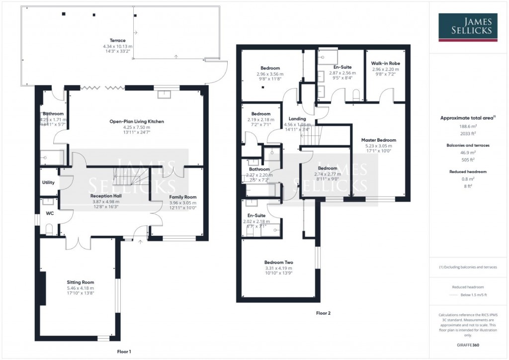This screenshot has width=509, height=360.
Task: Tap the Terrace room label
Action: (118, 40)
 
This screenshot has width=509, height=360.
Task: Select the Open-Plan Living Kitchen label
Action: (137, 121)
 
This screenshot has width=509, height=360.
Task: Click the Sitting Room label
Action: (81, 282)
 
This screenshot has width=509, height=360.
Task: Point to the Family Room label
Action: (176, 197)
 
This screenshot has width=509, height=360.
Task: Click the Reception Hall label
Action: (104, 195)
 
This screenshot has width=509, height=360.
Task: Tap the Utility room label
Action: (48, 182)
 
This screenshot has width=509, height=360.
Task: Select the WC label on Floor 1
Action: (50, 213)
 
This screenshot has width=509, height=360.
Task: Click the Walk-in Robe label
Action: (385, 64)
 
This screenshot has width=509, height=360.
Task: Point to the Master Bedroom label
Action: (378, 140)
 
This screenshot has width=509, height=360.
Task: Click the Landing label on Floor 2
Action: (297, 119)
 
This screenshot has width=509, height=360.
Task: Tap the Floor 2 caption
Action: (323, 313)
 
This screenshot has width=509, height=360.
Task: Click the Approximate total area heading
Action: (467, 118)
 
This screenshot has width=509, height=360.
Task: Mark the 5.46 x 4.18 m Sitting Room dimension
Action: (81, 288)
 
